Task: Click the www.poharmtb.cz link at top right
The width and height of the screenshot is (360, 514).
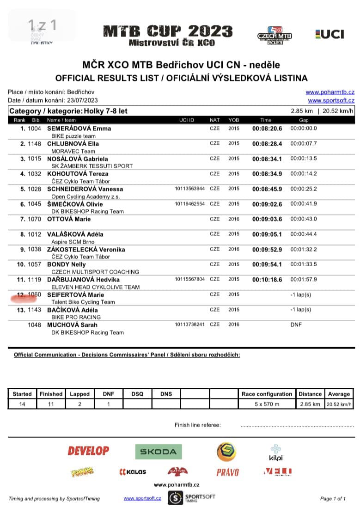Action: pyautogui.click(x=330, y=92)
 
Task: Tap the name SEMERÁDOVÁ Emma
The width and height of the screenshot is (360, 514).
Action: pyautogui.click(x=79, y=128)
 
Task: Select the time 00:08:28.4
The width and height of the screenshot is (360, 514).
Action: pyautogui.click(x=267, y=144)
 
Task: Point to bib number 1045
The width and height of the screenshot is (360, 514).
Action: pyautogui.click(x=34, y=204)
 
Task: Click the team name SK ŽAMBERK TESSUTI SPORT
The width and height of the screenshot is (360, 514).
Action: pyautogui.click(x=92, y=166)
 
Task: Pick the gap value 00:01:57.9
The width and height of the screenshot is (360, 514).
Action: pyautogui.click(x=304, y=280)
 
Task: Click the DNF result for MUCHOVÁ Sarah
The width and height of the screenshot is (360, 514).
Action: pyautogui.click(x=296, y=325)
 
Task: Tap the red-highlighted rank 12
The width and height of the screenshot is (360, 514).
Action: pyautogui.click(x=21, y=295)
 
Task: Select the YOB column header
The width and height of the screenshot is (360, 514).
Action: pyautogui.click(x=234, y=120)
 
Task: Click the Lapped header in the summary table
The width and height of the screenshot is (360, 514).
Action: pyautogui.click(x=79, y=394)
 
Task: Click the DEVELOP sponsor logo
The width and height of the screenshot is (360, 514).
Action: pyautogui.click(x=88, y=451)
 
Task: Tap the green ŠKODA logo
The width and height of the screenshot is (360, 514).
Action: pyautogui.click(x=159, y=452)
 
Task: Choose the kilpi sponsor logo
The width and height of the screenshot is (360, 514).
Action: pyautogui.click(x=275, y=452)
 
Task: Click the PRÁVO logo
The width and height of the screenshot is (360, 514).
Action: pyautogui.click(x=227, y=472)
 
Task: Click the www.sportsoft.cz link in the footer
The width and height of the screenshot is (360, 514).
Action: pyautogui.click(x=142, y=498)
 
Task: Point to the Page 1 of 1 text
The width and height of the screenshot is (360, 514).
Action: pyautogui.click(x=333, y=499)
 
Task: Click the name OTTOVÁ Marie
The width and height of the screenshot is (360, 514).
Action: pyautogui.click(x=69, y=219)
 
